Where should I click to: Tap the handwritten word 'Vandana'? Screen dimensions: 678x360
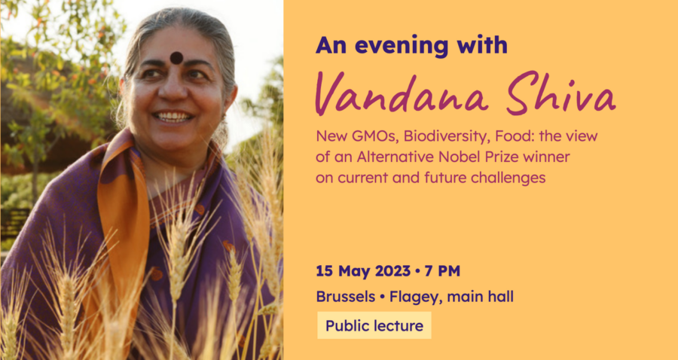[402, 94]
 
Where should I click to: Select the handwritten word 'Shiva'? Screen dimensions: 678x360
[560, 92]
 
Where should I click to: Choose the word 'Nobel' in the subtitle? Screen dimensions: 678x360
[458, 157]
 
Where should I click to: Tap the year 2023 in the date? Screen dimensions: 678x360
[392, 271]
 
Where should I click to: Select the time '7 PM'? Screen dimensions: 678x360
[442, 271]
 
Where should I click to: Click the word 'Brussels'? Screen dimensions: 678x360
[346, 297]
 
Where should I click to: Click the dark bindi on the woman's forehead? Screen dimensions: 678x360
[176, 57]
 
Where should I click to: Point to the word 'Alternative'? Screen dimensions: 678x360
[395, 157]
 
